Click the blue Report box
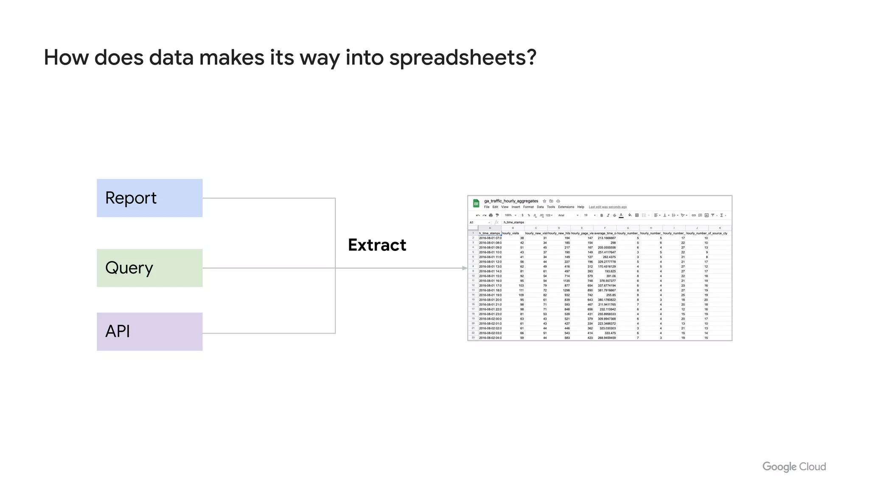(149, 198)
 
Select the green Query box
(149, 268)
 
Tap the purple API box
(149, 332)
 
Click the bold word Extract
(377, 245)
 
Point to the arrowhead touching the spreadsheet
(465, 268)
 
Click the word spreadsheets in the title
(463, 58)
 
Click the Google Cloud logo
(794, 467)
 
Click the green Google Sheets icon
(476, 203)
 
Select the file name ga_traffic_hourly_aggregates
(511, 201)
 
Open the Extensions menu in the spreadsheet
(566, 207)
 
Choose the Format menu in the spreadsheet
(528, 207)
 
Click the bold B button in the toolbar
(601, 215)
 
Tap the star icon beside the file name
(544, 201)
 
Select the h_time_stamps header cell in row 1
(489, 233)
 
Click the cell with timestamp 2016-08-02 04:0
(490, 338)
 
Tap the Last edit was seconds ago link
(608, 207)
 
